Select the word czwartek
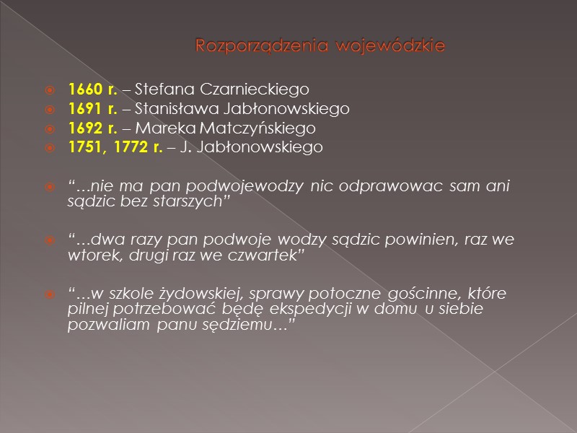click(x=266, y=254)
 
